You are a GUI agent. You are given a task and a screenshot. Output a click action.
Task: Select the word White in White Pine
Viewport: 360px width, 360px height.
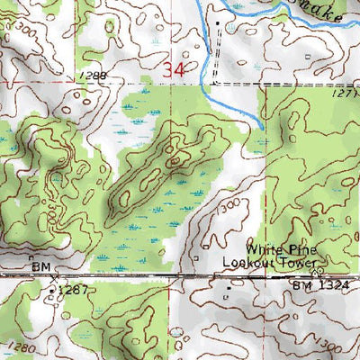point(267,250)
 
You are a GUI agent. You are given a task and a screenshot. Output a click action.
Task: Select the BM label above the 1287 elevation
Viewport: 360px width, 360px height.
point(40,267)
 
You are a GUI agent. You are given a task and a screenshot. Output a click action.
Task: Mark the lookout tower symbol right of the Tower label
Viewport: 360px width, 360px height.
point(315,268)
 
